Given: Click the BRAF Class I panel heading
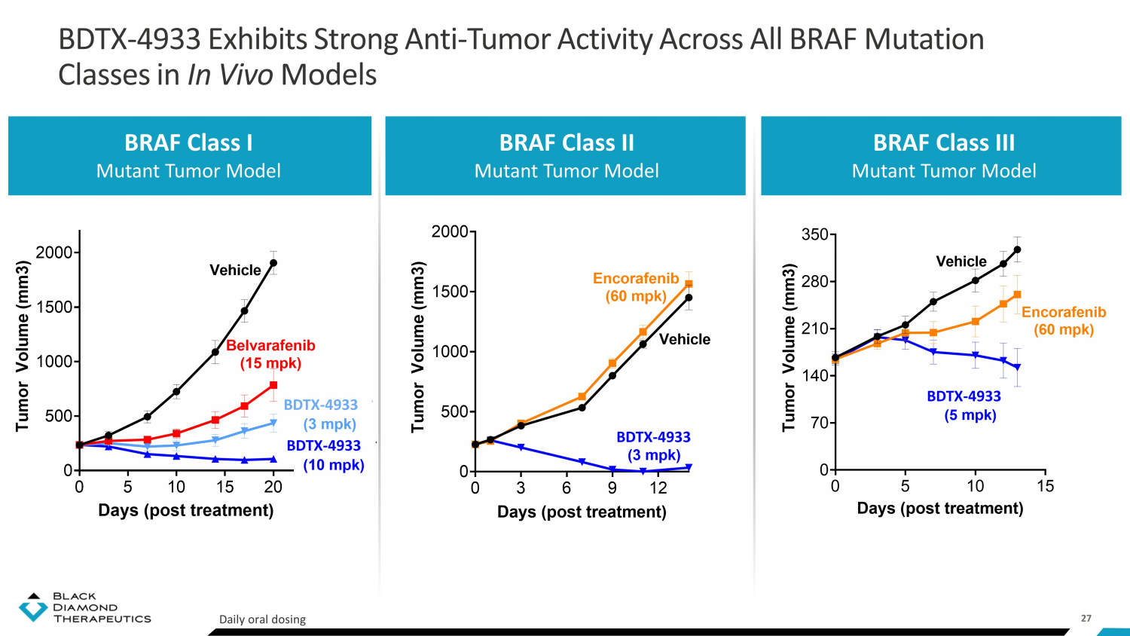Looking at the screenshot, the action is point(188,143).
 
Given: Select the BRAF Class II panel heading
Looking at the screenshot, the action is point(567,143).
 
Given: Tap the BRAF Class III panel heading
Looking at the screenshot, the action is point(944,143).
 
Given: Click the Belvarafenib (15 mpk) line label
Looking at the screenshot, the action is point(270,354).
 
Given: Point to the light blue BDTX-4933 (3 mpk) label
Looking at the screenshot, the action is point(321,414).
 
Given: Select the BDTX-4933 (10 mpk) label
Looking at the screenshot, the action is point(325,455).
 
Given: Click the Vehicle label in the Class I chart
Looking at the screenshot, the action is point(235,270).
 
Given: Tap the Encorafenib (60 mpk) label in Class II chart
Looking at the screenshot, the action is point(636,286).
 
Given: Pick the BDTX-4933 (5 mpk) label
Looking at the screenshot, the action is point(964,406).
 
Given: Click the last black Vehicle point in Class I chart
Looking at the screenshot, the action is point(273,263).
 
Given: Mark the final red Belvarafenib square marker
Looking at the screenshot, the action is point(273,385).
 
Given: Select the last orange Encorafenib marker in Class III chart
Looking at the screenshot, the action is point(1017,295).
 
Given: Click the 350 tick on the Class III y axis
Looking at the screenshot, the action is point(815,234).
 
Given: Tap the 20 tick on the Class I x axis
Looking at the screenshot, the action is point(273,487).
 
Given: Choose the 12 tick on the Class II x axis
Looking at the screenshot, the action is point(658,488).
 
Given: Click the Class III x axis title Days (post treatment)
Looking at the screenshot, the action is point(940,509).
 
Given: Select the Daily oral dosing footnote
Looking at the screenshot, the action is point(262,619).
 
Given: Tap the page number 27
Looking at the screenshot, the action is point(1086,619).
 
